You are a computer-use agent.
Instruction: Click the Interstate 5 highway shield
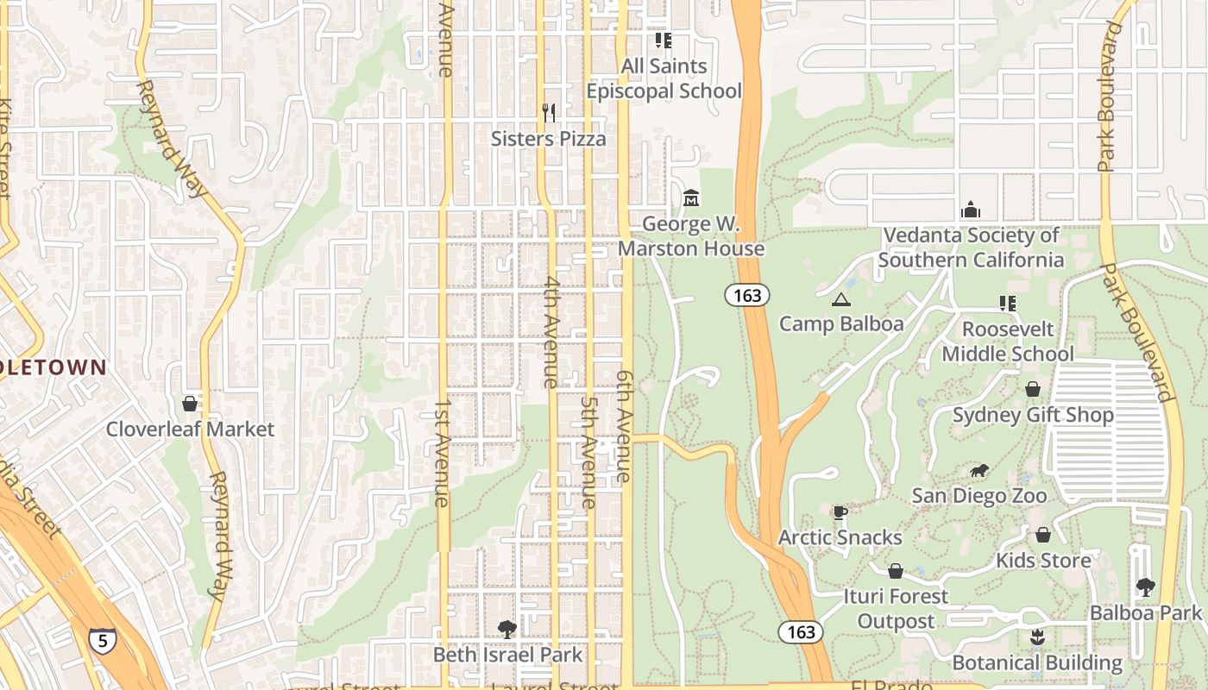(103, 641)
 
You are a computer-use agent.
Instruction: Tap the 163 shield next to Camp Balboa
(746, 296)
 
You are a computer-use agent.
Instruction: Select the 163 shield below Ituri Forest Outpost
(801, 632)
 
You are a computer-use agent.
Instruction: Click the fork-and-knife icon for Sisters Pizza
(548, 112)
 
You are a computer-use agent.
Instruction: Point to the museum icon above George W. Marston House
(690, 198)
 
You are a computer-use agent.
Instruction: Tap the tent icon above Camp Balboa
(840, 300)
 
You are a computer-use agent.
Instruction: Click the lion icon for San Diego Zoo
(978, 471)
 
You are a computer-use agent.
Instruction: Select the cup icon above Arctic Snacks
(840, 513)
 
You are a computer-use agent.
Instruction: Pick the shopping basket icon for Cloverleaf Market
(190, 404)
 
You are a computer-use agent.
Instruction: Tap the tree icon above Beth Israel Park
(506, 630)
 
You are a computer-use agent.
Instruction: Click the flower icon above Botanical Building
(1036, 637)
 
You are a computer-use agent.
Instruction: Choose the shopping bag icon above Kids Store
(1042, 536)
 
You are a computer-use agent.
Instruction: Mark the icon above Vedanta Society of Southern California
(970, 210)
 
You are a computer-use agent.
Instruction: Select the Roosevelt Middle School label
(1007, 342)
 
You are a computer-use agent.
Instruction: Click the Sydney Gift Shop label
(1033, 416)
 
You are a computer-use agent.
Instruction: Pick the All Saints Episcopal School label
(664, 78)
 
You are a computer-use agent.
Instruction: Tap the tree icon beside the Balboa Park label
(1145, 587)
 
